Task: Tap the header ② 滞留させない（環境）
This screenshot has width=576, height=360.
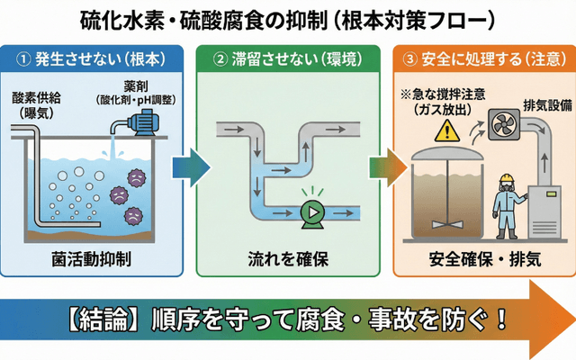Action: (x=286, y=59)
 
